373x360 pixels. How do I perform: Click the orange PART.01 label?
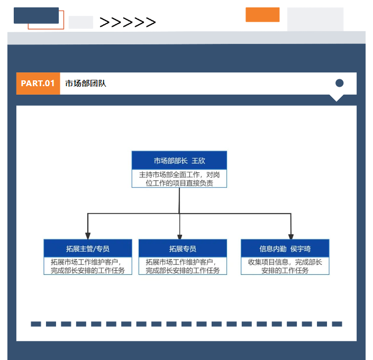point(38,84)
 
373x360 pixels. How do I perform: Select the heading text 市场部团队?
point(86,84)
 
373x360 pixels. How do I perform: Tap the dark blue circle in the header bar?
point(340,83)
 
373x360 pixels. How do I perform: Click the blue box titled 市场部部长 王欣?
point(179,161)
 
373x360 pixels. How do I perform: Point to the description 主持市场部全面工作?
point(179,179)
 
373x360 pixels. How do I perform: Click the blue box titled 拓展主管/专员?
point(88,248)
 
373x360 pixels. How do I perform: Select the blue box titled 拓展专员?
point(183,248)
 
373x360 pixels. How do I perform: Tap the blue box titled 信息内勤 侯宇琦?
point(285,248)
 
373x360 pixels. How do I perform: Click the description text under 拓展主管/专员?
point(88,266)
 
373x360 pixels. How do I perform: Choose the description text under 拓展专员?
point(183,266)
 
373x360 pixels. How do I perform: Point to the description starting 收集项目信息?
point(285,266)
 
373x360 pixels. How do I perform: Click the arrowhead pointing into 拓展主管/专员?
point(88,235)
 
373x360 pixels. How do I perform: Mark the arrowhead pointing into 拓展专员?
point(180,236)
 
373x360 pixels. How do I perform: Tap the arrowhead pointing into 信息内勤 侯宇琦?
point(290,235)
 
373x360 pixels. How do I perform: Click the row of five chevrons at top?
point(128,22)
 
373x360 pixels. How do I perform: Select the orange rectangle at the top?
point(262,15)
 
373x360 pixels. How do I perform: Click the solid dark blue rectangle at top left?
point(36,15)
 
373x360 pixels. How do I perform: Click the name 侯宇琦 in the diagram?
point(301,248)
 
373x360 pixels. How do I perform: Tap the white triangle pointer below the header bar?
point(336,98)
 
